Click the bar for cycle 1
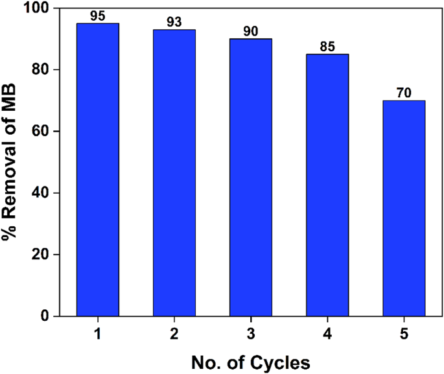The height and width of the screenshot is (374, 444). point(98,170)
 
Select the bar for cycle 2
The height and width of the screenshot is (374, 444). point(174,173)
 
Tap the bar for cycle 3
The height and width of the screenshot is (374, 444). point(251,178)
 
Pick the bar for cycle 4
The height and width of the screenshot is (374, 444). point(327,185)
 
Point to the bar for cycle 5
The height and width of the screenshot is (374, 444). point(404,208)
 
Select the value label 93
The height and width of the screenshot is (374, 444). point(174,21)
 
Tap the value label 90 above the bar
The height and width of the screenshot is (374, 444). point(251,30)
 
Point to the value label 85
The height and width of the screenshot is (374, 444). point(327,46)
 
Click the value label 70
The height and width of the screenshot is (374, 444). point(404,93)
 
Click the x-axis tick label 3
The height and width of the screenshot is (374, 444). point(251,333)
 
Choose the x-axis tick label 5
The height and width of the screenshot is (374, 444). point(404,333)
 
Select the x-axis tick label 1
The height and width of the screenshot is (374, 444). point(98,333)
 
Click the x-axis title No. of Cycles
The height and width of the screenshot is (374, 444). point(251,361)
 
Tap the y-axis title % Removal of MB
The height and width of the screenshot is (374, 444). point(11,162)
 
